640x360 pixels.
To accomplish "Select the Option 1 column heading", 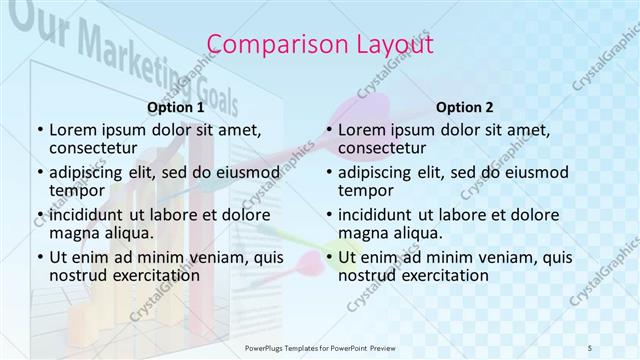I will click(175, 107).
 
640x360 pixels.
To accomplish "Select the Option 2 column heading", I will click(464, 107).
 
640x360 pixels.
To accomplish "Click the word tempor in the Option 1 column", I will click(77, 190).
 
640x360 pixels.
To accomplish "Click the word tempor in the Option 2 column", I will click(366, 190).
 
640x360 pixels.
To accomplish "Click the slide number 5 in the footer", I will click(590, 346).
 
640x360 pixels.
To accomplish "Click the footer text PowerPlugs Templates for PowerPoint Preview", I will click(319, 346).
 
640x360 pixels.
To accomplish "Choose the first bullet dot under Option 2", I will click(328, 130).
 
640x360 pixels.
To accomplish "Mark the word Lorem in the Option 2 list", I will click(361, 130).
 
